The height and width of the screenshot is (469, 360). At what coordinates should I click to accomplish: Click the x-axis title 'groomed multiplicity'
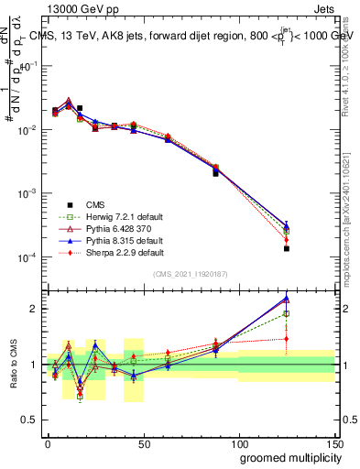(287, 456)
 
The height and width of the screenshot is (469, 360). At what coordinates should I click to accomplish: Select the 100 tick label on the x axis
(238, 442)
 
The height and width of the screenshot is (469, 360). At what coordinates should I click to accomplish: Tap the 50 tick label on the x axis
(143, 442)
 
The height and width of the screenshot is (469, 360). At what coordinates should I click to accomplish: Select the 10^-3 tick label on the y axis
(27, 194)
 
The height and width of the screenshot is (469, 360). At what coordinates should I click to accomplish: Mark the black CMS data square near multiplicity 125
(287, 248)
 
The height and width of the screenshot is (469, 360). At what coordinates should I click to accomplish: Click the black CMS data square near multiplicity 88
(216, 173)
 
